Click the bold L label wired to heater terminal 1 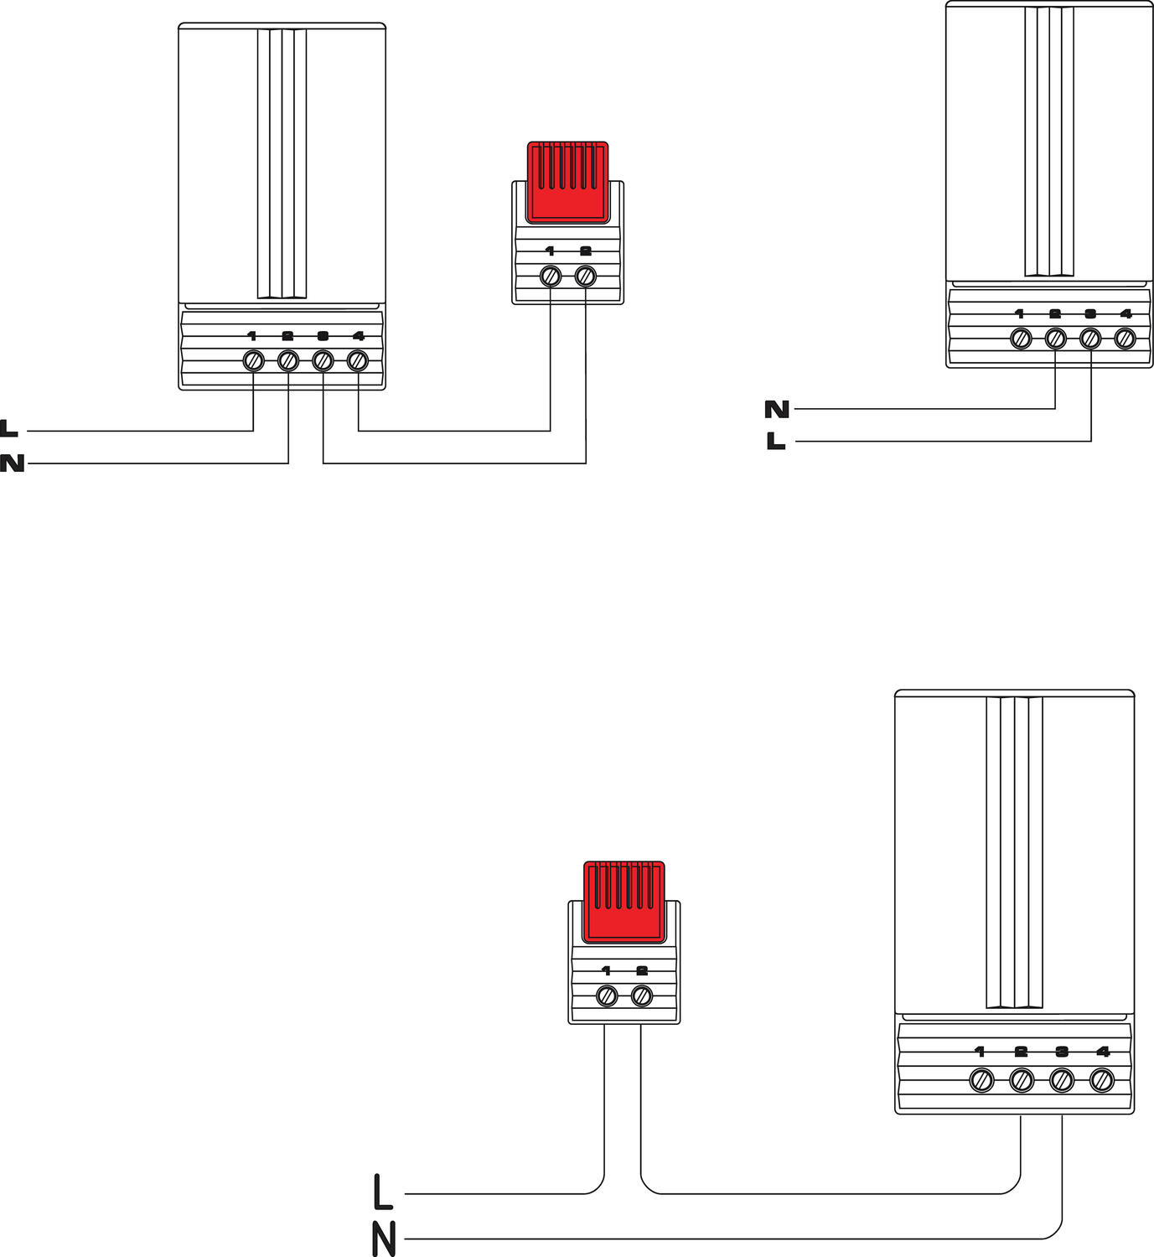click(9, 429)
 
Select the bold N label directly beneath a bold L click(12, 463)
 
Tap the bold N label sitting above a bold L click(777, 409)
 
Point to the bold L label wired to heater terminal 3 click(776, 441)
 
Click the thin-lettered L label click(382, 1192)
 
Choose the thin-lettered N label click(383, 1239)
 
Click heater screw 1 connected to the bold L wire click(253, 361)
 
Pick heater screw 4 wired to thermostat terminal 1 click(358, 361)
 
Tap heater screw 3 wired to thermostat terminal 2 click(323, 361)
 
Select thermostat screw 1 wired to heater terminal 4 click(550, 276)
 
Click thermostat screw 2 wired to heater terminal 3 click(586, 276)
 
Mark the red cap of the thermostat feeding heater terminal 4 click(567, 181)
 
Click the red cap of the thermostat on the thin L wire click(624, 901)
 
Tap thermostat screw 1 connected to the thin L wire click(606, 996)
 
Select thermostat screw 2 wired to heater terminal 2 click(642, 996)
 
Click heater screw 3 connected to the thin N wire click(1062, 1080)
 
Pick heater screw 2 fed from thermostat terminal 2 click(1022, 1080)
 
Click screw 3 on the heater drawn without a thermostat click(1090, 339)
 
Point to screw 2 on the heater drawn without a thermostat click(1055, 339)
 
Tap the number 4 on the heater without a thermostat click(1126, 314)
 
